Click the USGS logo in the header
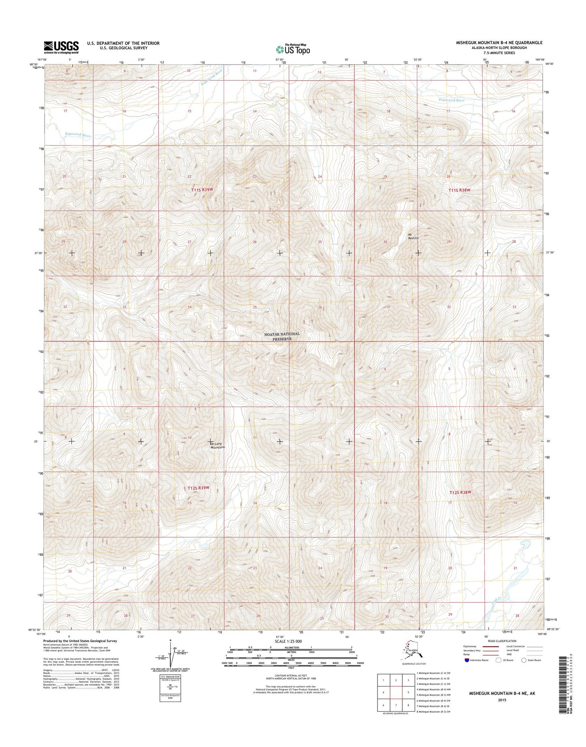click(61, 47)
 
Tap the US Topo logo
click(293, 49)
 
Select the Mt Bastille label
click(413, 236)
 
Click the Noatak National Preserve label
click(282, 336)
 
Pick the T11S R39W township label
click(202, 189)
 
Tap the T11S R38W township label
click(459, 190)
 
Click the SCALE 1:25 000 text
click(288, 641)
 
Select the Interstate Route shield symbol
click(468, 660)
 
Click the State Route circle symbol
click(524, 660)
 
